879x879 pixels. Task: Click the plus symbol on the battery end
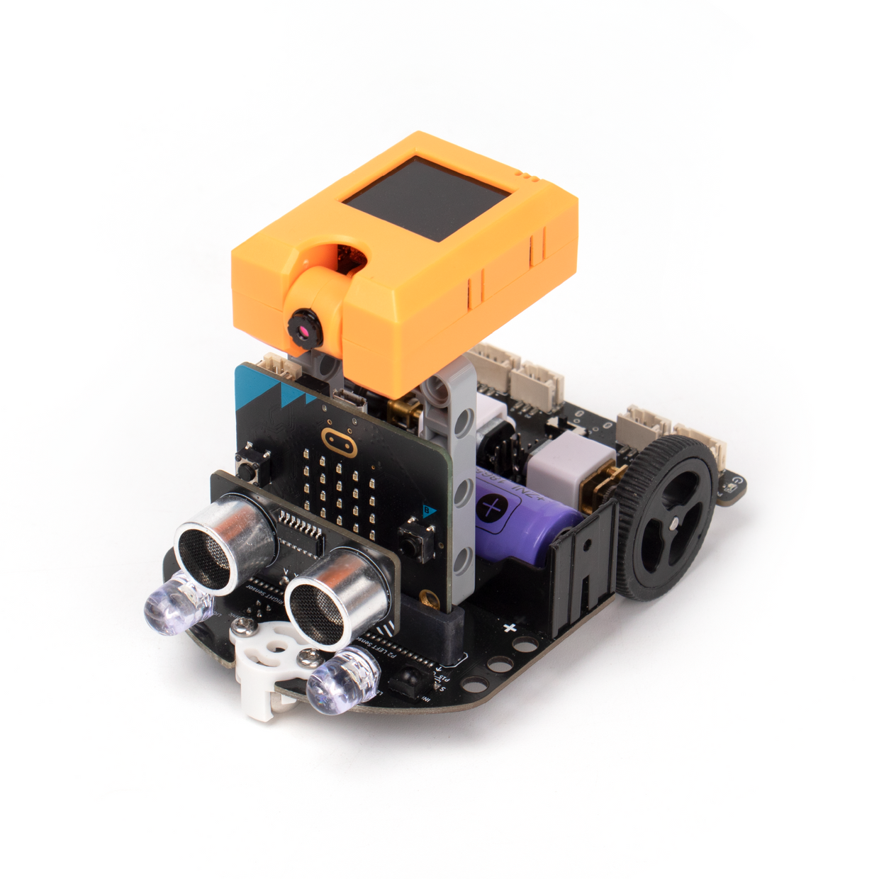click(x=492, y=508)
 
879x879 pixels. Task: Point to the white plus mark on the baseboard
click(x=508, y=627)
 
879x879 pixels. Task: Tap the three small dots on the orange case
click(x=527, y=172)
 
